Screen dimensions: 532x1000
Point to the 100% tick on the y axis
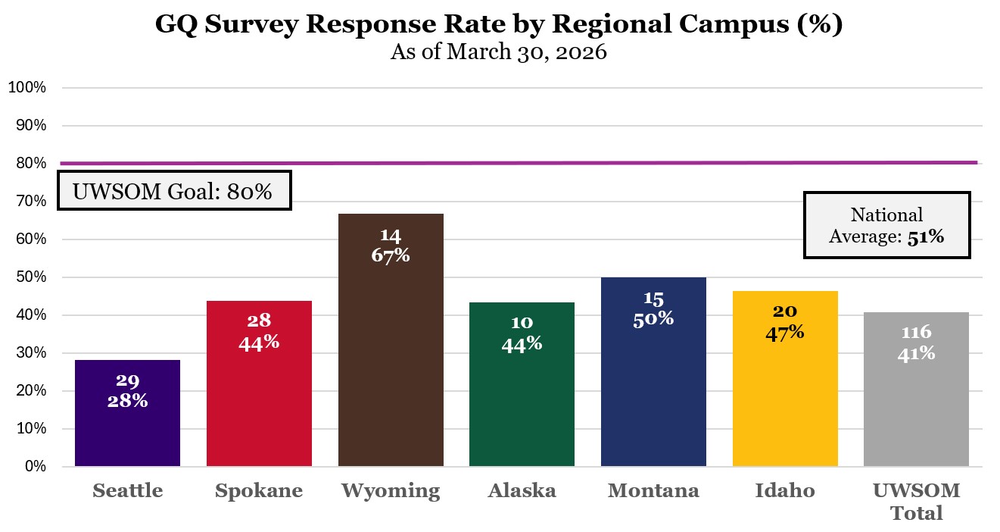[27, 88]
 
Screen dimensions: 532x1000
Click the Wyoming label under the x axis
[391, 491]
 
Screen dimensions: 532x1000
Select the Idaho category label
[785, 491]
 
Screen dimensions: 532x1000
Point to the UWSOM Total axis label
[916, 502]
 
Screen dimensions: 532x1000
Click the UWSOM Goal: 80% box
[174, 191]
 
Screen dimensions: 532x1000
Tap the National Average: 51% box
[886, 226]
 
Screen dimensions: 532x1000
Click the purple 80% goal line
[530, 163]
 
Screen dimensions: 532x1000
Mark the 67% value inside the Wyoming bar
[391, 255]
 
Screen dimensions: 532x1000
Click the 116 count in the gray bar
[916, 333]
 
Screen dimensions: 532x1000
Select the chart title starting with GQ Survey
[499, 25]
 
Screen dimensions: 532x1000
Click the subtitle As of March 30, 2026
[499, 53]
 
